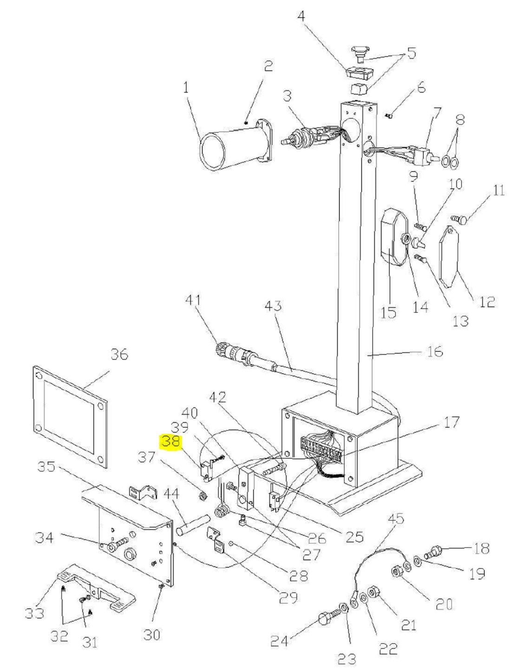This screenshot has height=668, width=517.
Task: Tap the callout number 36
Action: (x=119, y=355)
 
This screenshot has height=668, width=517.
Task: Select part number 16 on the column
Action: (x=434, y=351)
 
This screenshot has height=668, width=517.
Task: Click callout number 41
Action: (x=192, y=300)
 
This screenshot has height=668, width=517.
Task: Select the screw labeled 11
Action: (x=459, y=219)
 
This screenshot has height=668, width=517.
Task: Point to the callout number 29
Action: (x=288, y=589)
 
